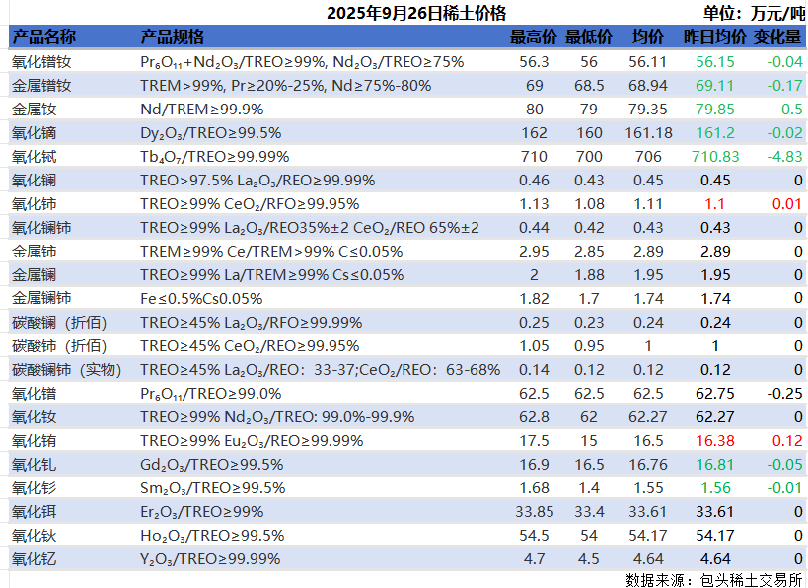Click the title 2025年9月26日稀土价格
415,13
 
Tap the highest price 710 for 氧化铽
534,156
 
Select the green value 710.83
715,156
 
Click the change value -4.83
785,156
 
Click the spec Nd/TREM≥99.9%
202,109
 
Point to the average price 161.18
648,132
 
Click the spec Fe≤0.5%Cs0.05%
201,298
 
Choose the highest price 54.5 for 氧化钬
534,535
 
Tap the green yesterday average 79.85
715,109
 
